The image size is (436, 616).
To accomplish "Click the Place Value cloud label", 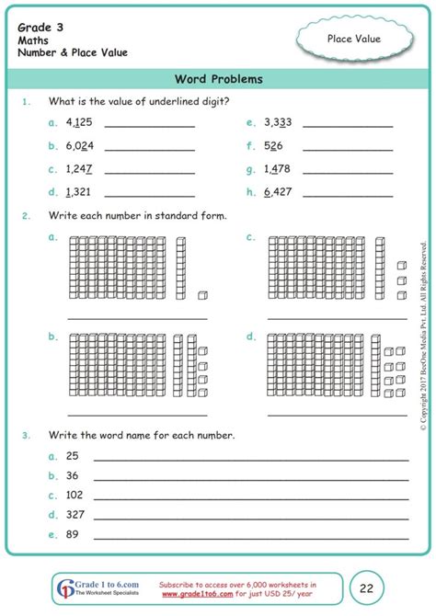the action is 353,38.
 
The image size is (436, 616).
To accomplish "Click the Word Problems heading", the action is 218,79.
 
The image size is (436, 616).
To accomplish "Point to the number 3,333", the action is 278,121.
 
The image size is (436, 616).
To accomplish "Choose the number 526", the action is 272,145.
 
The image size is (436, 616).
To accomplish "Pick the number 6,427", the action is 278,192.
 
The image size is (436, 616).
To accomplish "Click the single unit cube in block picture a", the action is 202,295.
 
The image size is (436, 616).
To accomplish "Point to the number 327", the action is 75,516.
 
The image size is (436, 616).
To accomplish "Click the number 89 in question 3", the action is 72,535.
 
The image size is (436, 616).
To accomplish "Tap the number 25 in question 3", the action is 72,456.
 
